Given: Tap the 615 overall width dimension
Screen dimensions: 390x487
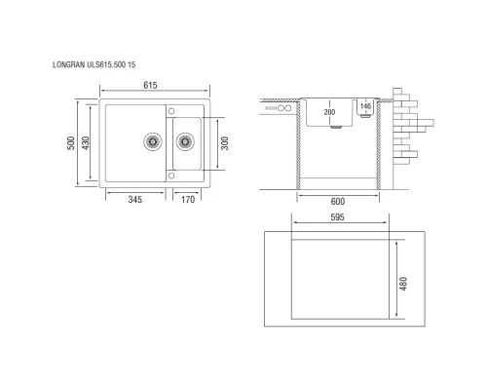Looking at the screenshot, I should pyautogui.click(x=151, y=86).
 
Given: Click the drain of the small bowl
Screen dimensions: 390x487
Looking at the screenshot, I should pyautogui.click(x=183, y=141).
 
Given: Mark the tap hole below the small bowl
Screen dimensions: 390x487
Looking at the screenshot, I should pyautogui.click(x=171, y=175).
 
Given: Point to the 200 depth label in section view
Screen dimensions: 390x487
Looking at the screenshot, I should pyautogui.click(x=328, y=112).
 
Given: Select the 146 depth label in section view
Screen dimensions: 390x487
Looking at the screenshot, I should pyautogui.click(x=364, y=106).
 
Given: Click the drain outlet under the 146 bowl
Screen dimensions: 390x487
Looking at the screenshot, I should pyautogui.click(x=364, y=121).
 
